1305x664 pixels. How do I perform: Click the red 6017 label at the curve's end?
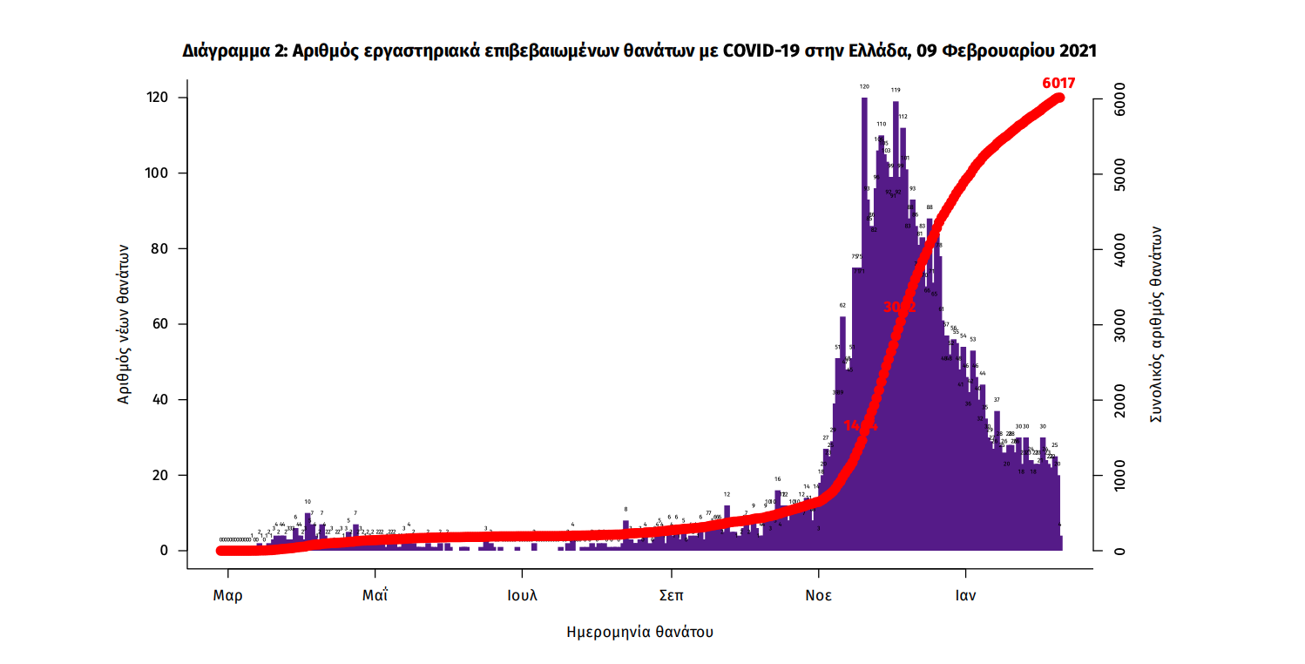click(x=1058, y=84)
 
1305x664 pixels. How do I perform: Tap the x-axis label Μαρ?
click(x=228, y=597)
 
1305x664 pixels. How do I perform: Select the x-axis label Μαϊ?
click(x=375, y=597)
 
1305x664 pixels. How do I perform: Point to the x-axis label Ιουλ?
click(x=523, y=597)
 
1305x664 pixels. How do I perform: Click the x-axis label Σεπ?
click(x=671, y=597)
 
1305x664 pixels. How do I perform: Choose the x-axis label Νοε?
click(x=818, y=597)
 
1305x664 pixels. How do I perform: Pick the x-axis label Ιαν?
click(x=965, y=597)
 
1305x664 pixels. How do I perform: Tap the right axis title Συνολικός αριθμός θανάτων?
click(x=1156, y=324)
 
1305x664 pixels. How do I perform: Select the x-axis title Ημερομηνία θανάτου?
click(x=639, y=632)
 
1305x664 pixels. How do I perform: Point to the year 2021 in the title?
click(x=1077, y=51)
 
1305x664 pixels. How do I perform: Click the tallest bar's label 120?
click(x=864, y=86)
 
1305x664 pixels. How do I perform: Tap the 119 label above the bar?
click(x=896, y=90)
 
